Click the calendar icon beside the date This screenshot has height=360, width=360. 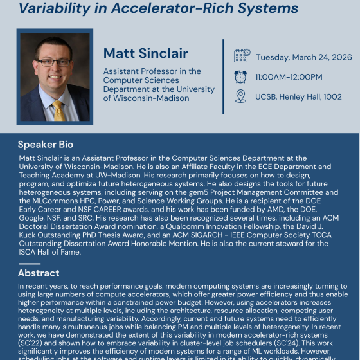click(x=242, y=56)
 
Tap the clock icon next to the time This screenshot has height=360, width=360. click(x=241, y=76)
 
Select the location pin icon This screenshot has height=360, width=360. click(x=241, y=96)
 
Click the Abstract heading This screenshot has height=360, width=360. click(x=39, y=273)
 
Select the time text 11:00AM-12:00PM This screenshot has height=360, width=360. click(x=289, y=77)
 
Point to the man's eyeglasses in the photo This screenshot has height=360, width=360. click(x=54, y=62)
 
